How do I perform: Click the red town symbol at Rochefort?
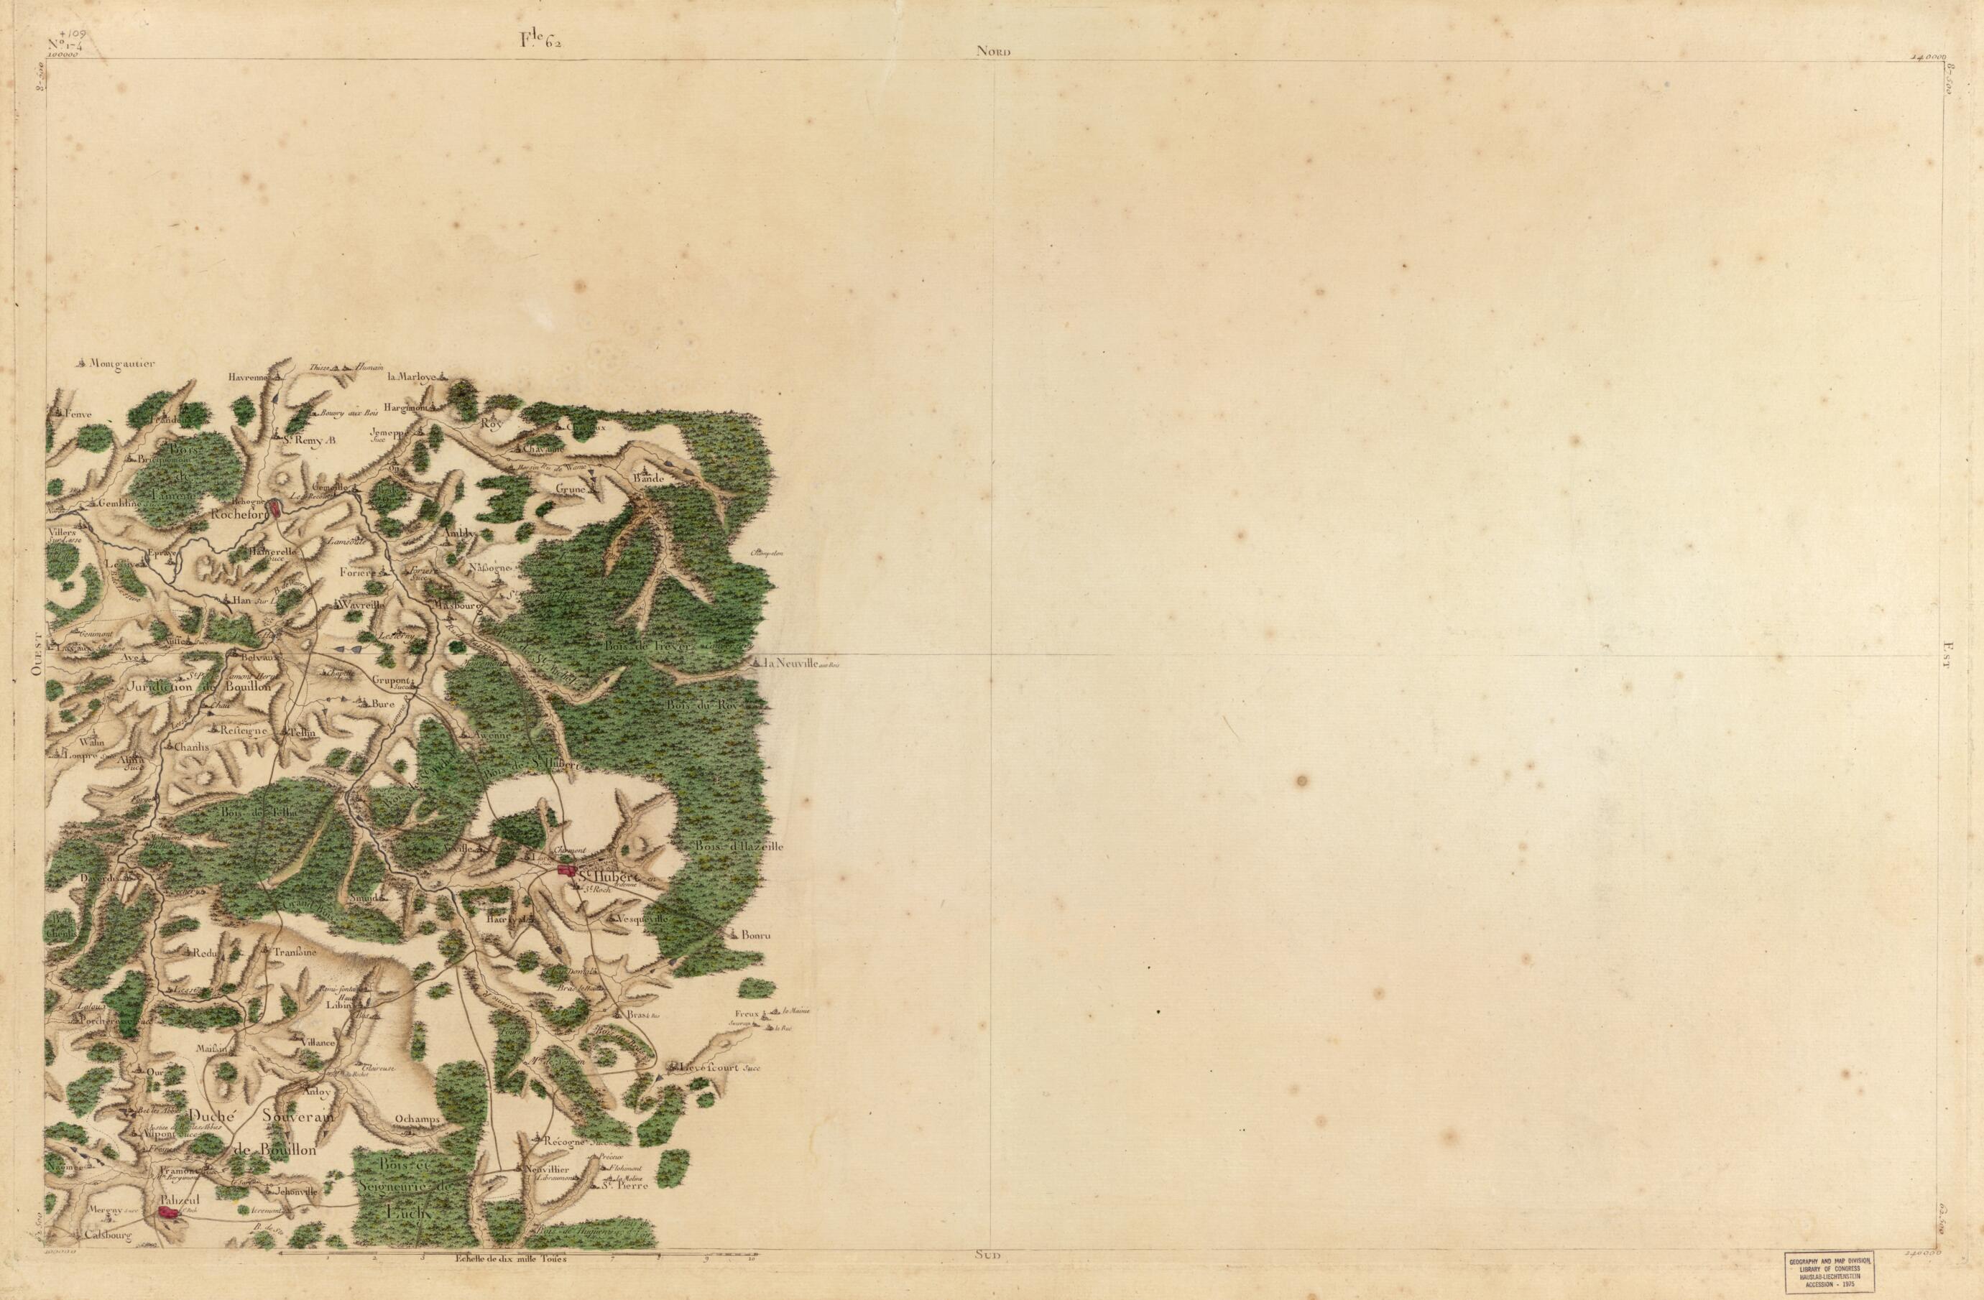pyautogui.click(x=275, y=506)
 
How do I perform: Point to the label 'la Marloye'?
pyautogui.click(x=412, y=376)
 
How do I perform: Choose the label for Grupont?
pyautogui.click(x=392, y=679)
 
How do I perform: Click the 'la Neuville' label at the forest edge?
pyautogui.click(x=791, y=664)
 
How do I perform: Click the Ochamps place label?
pyautogui.click(x=417, y=1118)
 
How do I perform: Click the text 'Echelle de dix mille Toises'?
pyautogui.click(x=510, y=1281)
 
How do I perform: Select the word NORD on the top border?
pyautogui.click(x=994, y=52)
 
